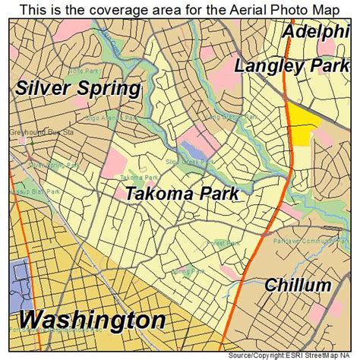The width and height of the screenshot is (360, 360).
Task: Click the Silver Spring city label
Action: click(x=77, y=88)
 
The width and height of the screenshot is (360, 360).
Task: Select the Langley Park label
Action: click(x=292, y=65)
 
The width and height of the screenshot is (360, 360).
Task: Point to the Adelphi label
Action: click(x=319, y=32)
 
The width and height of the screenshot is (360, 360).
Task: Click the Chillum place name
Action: click(x=298, y=286)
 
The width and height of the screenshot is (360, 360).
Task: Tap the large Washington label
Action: click(x=92, y=320)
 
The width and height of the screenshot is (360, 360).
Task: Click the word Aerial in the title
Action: click(x=237, y=9)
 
